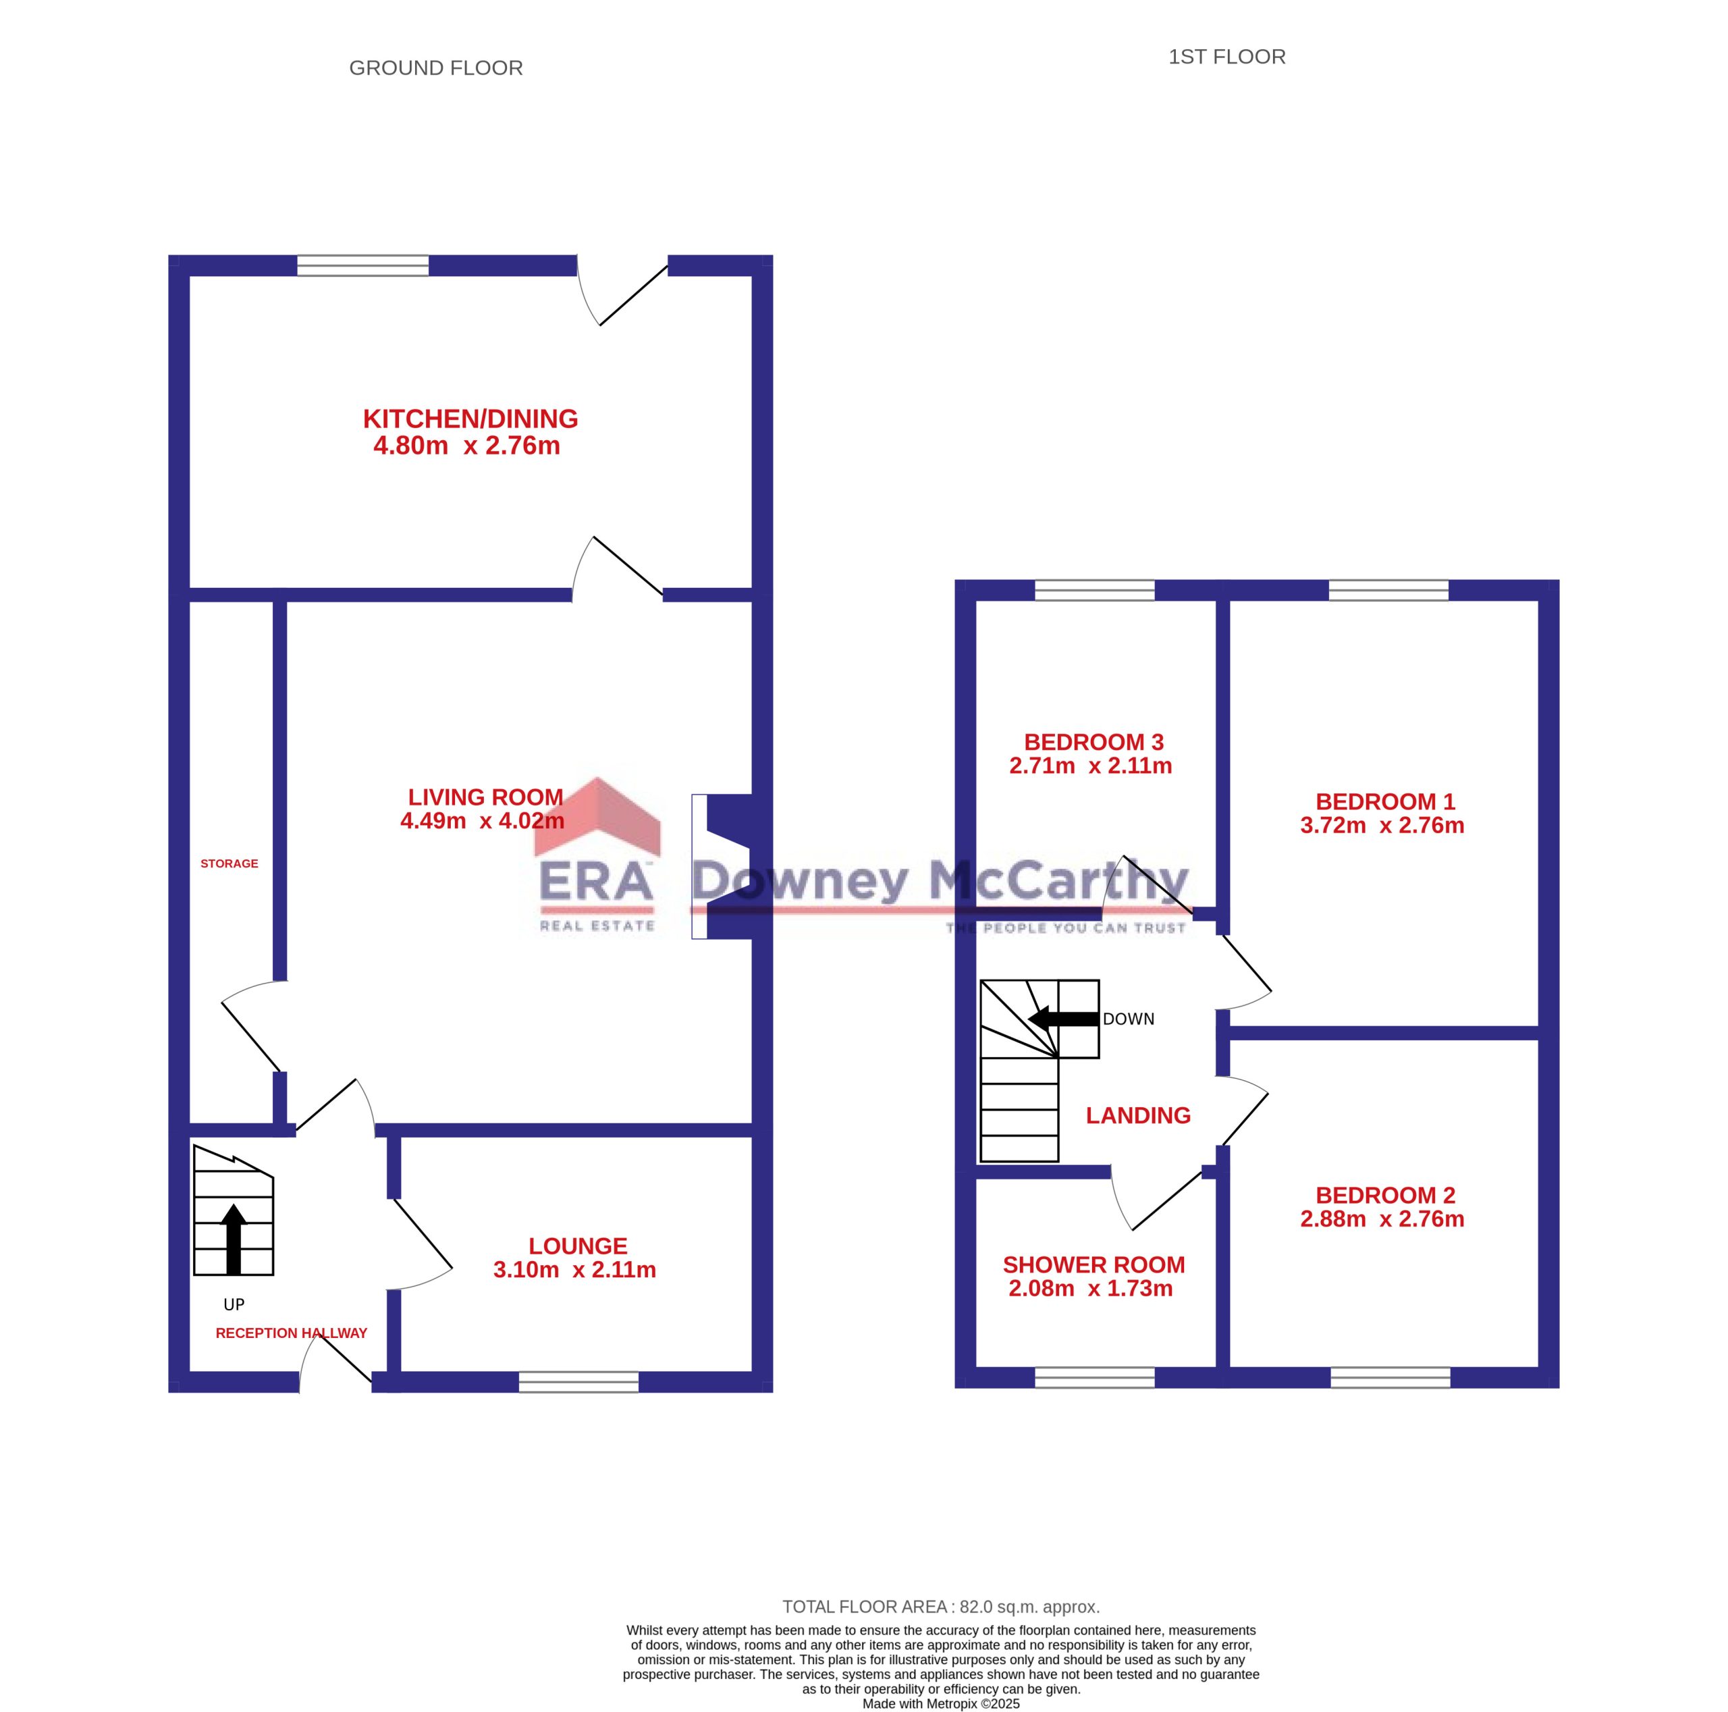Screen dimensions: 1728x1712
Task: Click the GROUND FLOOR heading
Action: point(435,68)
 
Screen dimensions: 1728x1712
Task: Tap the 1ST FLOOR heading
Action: point(1226,57)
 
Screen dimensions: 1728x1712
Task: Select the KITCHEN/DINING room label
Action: point(470,419)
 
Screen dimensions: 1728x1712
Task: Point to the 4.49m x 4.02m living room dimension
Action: point(482,820)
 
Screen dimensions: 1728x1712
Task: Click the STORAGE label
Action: point(229,863)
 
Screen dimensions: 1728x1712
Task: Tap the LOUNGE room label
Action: point(578,1246)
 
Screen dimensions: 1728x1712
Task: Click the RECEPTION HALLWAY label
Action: point(292,1333)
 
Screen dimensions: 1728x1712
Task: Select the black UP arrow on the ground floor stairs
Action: point(234,1239)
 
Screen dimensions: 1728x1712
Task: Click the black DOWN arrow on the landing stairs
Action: point(1062,1019)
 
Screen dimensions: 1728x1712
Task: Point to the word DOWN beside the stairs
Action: point(1128,1019)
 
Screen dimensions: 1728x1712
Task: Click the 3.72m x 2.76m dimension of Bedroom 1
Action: point(1382,825)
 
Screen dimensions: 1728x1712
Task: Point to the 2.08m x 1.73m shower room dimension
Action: point(1090,1288)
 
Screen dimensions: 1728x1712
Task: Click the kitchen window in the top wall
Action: point(363,266)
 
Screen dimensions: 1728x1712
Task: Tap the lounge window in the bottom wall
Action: point(578,1382)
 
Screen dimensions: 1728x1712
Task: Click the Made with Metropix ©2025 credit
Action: point(941,1704)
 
